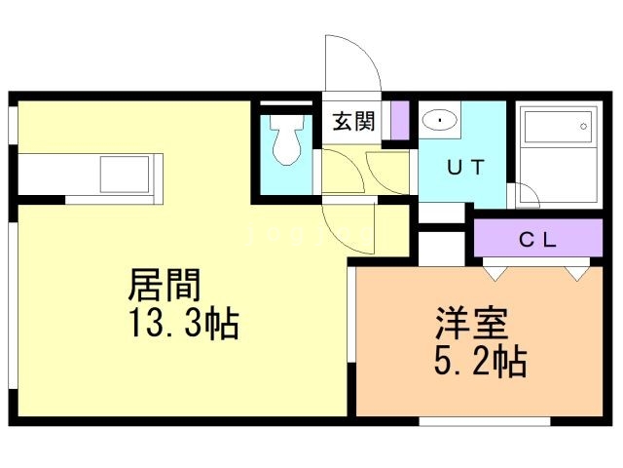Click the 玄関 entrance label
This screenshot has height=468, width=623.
tap(353, 121)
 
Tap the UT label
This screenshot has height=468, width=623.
tap(466, 167)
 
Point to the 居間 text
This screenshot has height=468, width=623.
tap(165, 285)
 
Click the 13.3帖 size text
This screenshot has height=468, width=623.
tap(184, 323)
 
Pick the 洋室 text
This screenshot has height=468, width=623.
tap(471, 323)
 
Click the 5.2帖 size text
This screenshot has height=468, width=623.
tap(480, 361)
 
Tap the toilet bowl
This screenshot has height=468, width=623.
tap(286, 139)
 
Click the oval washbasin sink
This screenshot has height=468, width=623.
tap(439, 120)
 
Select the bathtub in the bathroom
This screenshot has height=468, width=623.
tap(558, 127)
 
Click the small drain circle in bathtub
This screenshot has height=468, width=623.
tap(584, 127)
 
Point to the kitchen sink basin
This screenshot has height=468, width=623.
tap(125, 175)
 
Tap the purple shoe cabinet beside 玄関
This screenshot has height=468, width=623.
tap(400, 120)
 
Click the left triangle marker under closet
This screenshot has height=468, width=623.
tap(495, 274)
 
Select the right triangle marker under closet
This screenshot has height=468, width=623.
tap(577, 274)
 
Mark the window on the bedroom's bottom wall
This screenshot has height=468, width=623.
tap(485, 421)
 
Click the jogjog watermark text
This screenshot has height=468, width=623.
tap(310, 234)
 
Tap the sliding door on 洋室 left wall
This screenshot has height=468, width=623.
tap(351, 314)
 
